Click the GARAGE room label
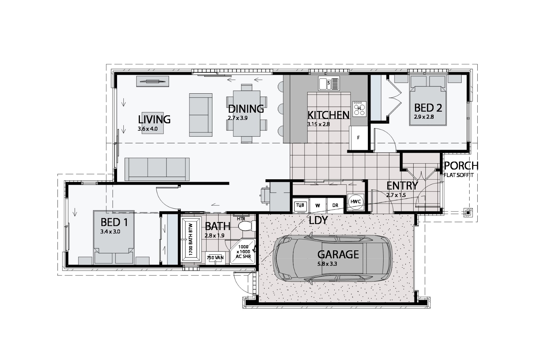(338, 254)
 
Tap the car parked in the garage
(333, 258)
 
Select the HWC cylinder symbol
(356, 202)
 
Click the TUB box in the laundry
(300, 205)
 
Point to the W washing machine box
(318, 205)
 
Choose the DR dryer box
(335, 205)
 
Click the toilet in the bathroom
(247, 226)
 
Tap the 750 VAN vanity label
(215, 257)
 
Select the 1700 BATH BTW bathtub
(191, 240)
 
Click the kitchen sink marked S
(329, 83)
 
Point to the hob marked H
(359, 109)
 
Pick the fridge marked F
(359, 138)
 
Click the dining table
(246, 113)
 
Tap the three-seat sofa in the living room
(157, 169)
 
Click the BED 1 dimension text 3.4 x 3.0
(110, 232)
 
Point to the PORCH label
(461, 165)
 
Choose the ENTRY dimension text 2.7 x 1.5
(396, 195)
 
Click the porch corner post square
(468, 213)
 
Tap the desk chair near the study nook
(265, 195)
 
